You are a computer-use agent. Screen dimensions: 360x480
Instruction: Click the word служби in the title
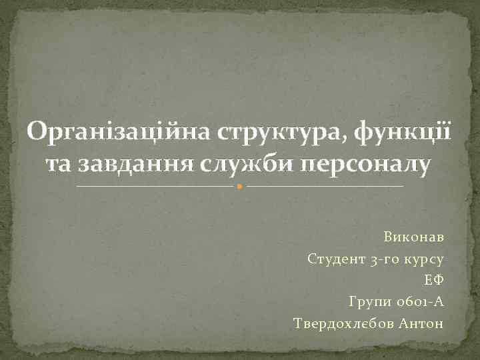[x=232, y=164]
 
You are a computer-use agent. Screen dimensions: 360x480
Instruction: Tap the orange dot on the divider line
[x=240, y=186]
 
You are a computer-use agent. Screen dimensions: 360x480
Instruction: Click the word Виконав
[x=413, y=237]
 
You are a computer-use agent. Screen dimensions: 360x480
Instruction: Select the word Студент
[x=336, y=259]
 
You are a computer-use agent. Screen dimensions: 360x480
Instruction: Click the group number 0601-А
[x=419, y=302]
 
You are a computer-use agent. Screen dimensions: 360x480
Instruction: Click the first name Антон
[x=420, y=323]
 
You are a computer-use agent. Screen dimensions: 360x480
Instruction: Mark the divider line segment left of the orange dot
[x=157, y=186]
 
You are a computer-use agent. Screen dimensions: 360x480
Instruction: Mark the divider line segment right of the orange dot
[x=325, y=186]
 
